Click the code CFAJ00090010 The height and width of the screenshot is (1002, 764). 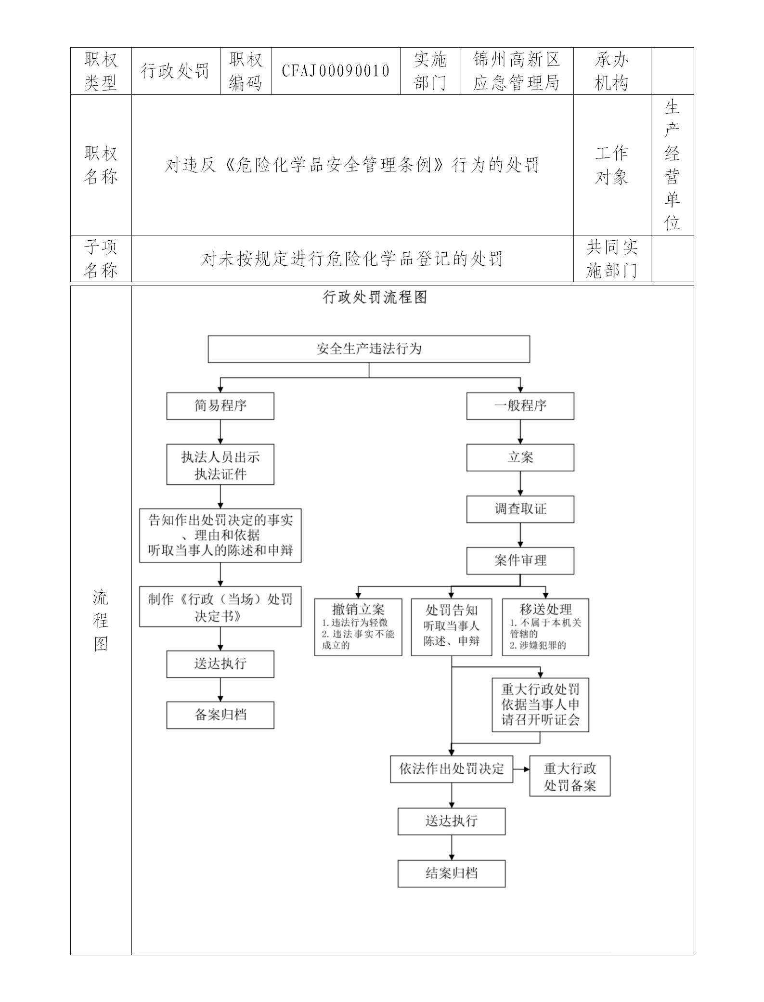tap(336, 71)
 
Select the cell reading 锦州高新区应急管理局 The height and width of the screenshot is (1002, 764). tap(517, 71)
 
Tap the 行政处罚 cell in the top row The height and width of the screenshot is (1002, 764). tap(176, 71)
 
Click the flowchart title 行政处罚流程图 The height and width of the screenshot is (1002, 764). tap(375, 297)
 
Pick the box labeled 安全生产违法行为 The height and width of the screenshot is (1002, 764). tap(369, 349)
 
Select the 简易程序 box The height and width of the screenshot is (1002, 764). tap(220, 405)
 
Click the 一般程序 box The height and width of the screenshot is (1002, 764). tap(520, 405)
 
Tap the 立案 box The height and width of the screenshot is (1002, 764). tap(520, 457)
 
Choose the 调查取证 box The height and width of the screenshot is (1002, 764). tap(520, 509)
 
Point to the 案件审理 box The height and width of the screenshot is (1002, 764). tap(520, 560)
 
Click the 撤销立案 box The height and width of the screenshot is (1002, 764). tap(358, 626)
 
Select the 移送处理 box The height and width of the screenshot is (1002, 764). tap(545, 626)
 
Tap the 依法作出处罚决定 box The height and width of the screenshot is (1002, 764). tap(452, 768)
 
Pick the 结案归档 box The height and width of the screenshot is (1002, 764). tap(452, 873)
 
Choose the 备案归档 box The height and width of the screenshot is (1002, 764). tap(220, 715)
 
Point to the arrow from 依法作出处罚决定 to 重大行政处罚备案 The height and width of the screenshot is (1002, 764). tap(521, 768)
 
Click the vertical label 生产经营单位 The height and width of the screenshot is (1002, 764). tap(672, 165)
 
